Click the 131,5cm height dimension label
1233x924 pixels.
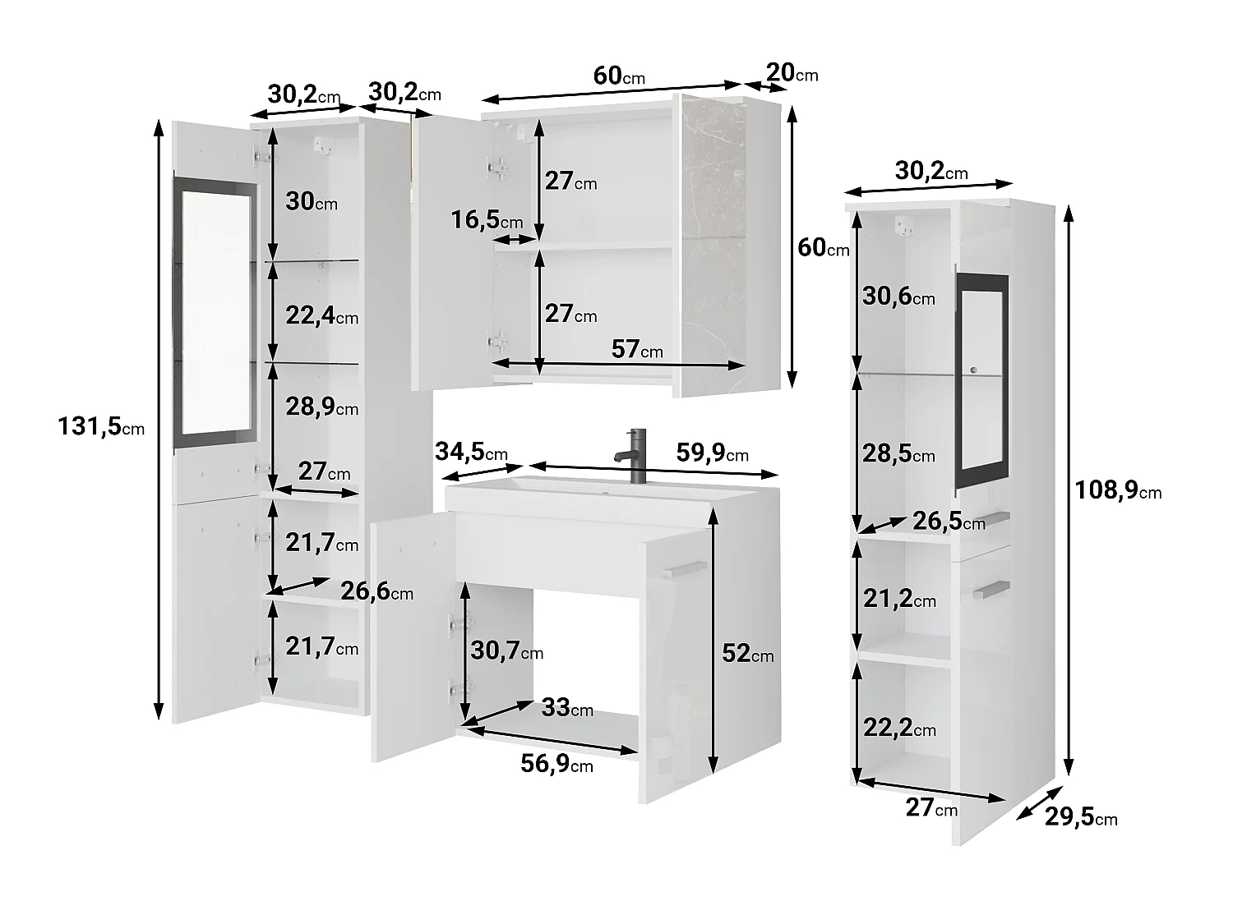coord(101,426)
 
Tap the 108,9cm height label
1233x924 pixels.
coord(1118,491)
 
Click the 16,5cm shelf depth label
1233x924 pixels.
coord(487,220)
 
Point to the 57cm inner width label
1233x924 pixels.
coord(637,350)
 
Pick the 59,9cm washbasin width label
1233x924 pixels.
coord(713,453)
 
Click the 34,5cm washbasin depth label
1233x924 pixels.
coord(471,451)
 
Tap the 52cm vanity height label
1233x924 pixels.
coord(748,653)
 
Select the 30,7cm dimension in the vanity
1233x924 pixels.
coord(506,650)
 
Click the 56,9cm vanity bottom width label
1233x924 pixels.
coord(556,764)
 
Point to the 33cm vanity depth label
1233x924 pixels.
coord(567,707)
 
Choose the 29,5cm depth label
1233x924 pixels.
coord(1081,817)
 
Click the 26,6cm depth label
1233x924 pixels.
coord(377,591)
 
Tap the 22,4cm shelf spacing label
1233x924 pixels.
coord(322,315)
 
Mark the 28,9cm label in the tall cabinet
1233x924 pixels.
coord(322,407)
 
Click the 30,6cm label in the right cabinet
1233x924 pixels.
coord(898,296)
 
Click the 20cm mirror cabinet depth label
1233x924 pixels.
coord(792,72)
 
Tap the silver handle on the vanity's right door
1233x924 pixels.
coord(684,568)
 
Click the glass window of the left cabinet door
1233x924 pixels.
coord(215,312)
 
